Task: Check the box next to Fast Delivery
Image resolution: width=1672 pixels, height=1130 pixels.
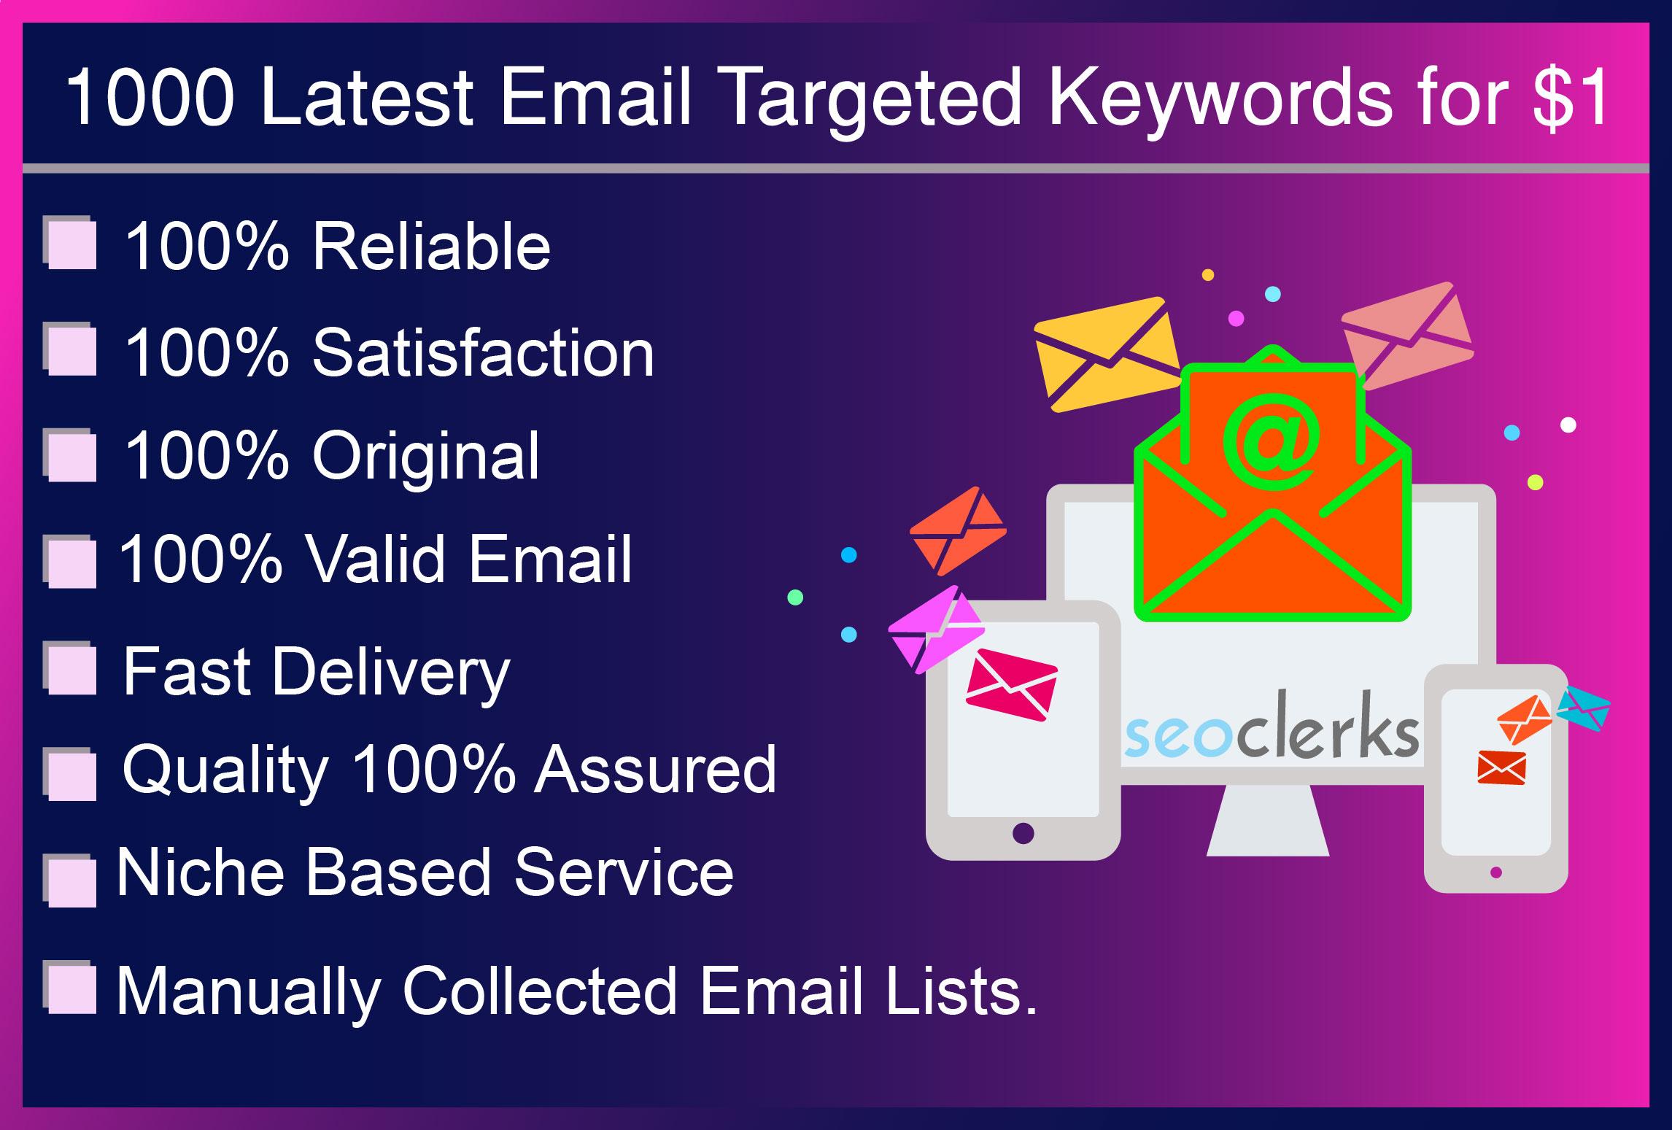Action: pyautogui.click(x=71, y=670)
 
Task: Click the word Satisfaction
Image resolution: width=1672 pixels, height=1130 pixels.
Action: pyautogui.click(x=483, y=353)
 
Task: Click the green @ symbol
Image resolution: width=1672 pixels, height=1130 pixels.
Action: pyautogui.click(x=1271, y=441)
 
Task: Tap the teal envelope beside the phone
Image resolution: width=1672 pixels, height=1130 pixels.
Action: pyautogui.click(x=1584, y=708)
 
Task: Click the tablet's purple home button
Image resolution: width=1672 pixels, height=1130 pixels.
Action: pyautogui.click(x=1023, y=832)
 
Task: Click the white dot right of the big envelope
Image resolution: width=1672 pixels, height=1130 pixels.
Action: pyautogui.click(x=1568, y=425)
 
